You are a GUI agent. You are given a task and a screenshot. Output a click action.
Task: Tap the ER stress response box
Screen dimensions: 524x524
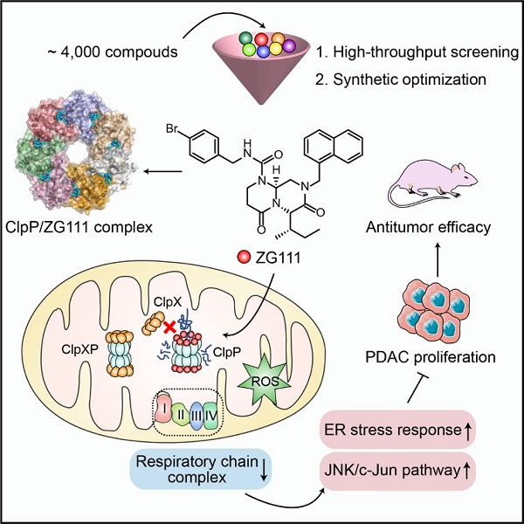click(x=407, y=430)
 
